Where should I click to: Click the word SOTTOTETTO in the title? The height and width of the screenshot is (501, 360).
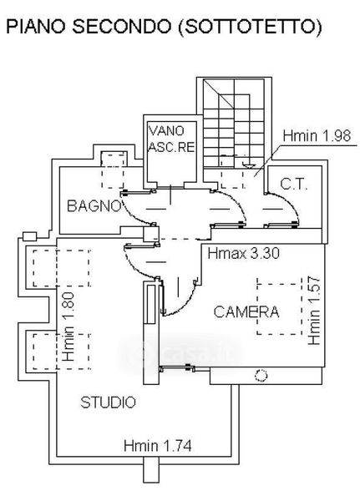pyautogui.click(x=250, y=27)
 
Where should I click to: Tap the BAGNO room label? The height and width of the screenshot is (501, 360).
pyautogui.click(x=94, y=206)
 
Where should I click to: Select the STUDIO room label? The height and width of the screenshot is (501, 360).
pyautogui.click(x=108, y=402)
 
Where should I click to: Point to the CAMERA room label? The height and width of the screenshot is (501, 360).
pyautogui.click(x=246, y=311)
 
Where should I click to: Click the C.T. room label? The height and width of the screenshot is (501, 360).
pyautogui.click(x=294, y=185)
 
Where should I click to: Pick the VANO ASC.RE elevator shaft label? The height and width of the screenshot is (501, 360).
pyautogui.click(x=171, y=139)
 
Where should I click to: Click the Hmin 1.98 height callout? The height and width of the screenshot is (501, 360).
pyautogui.click(x=317, y=136)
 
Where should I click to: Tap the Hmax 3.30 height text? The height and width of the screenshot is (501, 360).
pyautogui.click(x=244, y=253)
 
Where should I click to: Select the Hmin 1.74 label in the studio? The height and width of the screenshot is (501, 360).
pyautogui.click(x=158, y=446)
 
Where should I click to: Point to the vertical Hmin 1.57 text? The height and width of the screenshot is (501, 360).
pyautogui.click(x=314, y=311)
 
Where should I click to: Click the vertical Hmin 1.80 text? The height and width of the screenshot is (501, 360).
pyautogui.click(x=68, y=326)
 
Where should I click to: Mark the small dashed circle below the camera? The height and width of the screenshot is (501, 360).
pyautogui.click(x=261, y=376)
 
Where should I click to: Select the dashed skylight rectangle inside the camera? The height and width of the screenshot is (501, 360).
pyautogui.click(x=280, y=309)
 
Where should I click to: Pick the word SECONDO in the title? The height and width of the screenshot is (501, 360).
pyautogui.click(x=122, y=27)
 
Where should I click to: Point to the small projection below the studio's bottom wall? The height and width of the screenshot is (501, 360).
pyautogui.click(x=150, y=469)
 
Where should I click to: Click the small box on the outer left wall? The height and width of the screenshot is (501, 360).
pyautogui.click(x=30, y=236)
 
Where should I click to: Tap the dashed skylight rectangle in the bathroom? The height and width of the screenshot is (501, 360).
pyautogui.click(x=113, y=171)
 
